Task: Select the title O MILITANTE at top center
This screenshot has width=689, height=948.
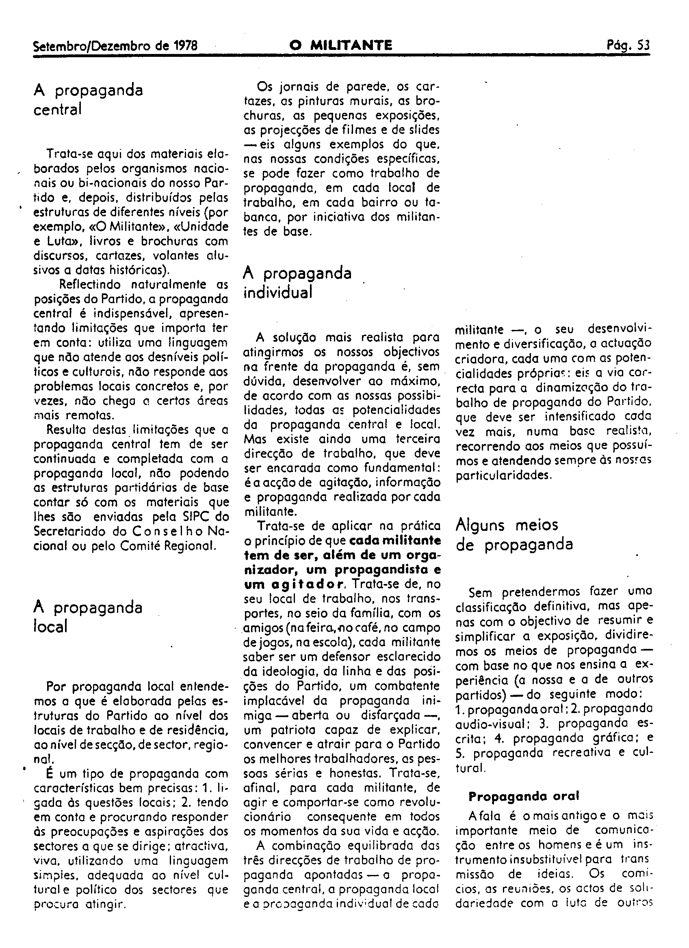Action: [341, 45]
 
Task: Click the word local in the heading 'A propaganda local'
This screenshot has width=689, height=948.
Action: [50, 627]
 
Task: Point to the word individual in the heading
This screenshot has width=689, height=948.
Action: [278, 293]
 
